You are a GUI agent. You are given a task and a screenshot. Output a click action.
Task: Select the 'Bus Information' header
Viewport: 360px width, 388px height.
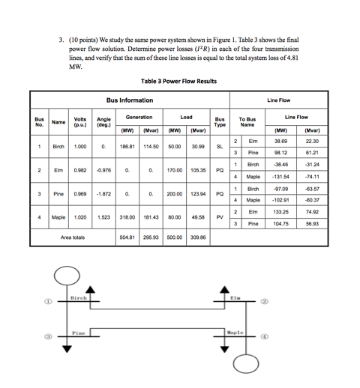(129, 100)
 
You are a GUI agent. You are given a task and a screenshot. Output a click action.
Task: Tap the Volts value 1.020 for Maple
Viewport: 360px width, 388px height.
(79, 217)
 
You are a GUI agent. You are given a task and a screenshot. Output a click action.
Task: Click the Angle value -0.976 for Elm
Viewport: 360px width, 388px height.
(103, 170)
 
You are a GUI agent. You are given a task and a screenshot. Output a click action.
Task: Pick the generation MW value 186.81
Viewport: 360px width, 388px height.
(127, 147)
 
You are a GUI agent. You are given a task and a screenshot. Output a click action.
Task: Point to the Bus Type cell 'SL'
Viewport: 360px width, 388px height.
(219, 147)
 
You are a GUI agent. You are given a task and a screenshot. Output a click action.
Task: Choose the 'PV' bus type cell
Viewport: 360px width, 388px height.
(219, 217)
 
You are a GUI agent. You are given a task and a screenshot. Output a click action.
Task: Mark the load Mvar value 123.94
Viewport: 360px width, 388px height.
(197, 194)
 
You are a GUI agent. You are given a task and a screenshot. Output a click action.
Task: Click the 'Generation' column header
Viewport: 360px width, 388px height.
(139, 118)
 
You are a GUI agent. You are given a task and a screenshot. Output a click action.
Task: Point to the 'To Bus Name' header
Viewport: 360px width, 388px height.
(247, 121)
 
